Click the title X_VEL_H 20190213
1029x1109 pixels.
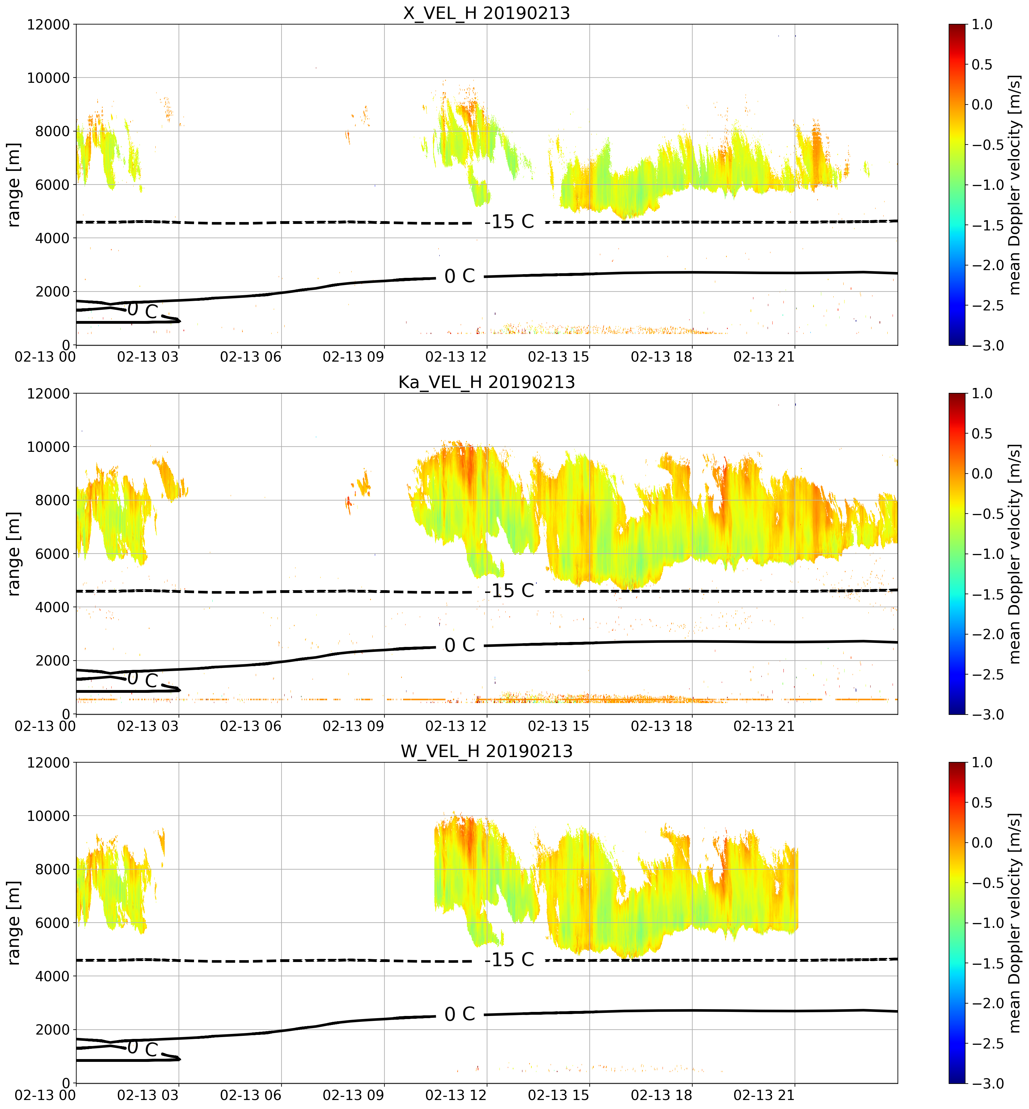pos(487,13)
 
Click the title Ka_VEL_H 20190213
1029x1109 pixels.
pos(487,382)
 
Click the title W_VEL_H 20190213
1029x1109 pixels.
pos(487,751)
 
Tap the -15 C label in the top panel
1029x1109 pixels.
pos(509,222)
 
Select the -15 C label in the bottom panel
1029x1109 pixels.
pos(509,960)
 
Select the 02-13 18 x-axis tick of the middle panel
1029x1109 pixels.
pos(662,726)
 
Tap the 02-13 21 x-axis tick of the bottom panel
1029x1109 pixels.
pos(764,1095)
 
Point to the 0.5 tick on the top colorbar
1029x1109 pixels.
pos(982,65)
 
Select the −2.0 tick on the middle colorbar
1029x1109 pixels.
pos(988,635)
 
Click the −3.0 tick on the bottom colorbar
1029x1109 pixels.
pos(988,1083)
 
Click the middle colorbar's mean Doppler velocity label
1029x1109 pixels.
pos(1014,554)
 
